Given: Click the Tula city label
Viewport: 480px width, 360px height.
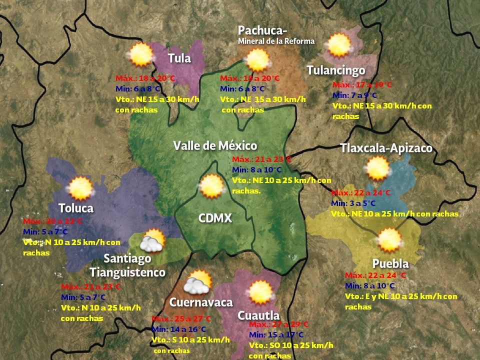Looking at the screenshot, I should tap(179, 58).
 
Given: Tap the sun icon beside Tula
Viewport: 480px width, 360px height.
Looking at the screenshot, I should tap(140, 54).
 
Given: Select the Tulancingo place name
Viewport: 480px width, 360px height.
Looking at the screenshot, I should tap(335, 70).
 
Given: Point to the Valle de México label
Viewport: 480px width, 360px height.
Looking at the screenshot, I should tap(215, 145).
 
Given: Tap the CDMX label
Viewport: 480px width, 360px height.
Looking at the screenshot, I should tap(215, 218).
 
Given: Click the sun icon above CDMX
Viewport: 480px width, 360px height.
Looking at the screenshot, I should tap(211, 186).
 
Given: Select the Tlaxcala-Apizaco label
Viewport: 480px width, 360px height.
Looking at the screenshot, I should tap(386, 148).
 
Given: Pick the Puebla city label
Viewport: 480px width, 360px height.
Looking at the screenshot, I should tap(390, 263).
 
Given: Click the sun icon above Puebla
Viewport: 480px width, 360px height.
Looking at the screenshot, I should tap(390, 240).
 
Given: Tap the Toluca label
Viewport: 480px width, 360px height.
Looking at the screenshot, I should tap(76, 207).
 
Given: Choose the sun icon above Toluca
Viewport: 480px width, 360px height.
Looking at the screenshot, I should tap(80, 188).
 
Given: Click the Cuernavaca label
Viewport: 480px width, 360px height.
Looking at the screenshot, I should tap(201, 302).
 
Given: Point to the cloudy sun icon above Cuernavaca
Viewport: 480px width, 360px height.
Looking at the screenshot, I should tap(198, 282).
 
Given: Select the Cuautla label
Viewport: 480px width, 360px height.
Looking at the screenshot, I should tap(258, 315).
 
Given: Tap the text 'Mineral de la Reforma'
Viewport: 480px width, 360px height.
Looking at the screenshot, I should tap(276, 41).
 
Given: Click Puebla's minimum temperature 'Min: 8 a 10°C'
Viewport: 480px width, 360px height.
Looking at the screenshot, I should tap(370, 285).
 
